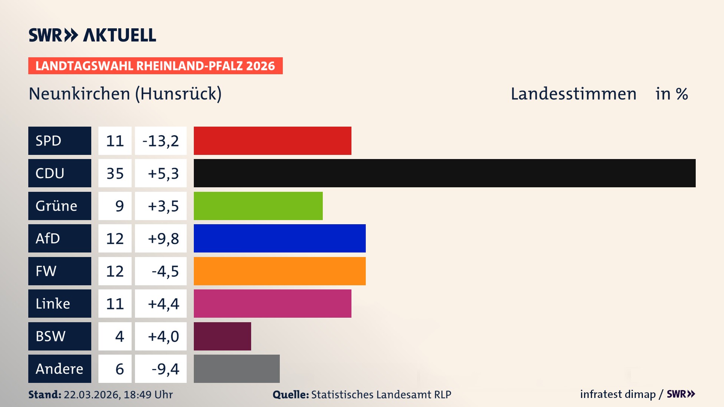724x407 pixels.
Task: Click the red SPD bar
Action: point(272,141)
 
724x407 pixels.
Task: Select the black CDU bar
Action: point(444,173)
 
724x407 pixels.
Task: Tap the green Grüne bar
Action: point(258,206)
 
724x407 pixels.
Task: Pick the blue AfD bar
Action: point(279,238)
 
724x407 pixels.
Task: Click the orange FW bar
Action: point(279,271)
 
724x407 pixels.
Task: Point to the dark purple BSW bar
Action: point(222,336)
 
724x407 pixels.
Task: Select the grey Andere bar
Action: point(236,369)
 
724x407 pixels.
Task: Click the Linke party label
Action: point(60,303)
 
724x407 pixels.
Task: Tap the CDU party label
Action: point(60,173)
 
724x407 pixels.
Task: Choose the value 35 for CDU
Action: point(115,173)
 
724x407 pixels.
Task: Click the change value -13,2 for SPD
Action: point(161,141)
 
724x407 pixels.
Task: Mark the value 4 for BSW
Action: point(119,336)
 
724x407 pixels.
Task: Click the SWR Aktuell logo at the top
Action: point(92,35)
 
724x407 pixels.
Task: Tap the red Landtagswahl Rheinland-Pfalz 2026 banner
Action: point(155,66)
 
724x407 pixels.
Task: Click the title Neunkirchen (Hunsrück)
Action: point(125,94)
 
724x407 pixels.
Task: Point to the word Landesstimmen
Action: point(573,94)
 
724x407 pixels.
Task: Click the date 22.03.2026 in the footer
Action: point(92,395)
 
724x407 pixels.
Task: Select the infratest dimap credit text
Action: point(618,394)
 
